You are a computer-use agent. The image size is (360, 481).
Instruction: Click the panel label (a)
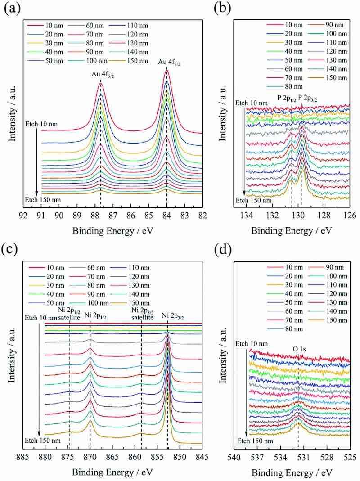[12, 8]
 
